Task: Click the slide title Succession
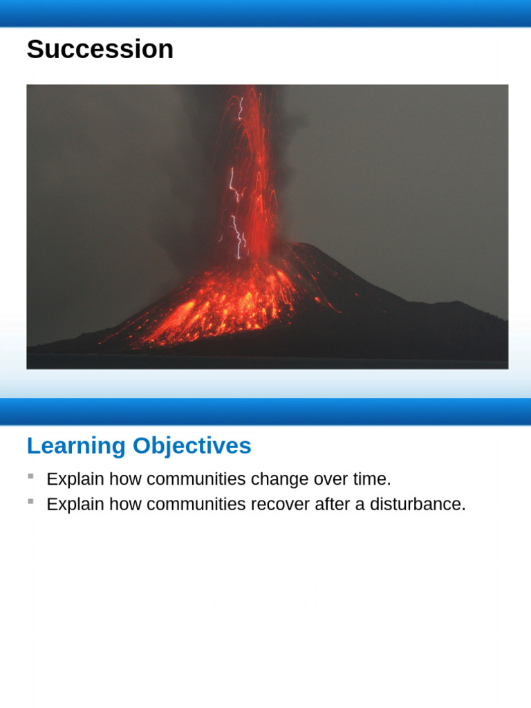pyautogui.click(x=100, y=50)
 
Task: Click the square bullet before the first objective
pyautogui.click(x=30, y=476)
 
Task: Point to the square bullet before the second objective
pyautogui.click(x=30, y=501)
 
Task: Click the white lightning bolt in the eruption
pyautogui.click(x=236, y=228)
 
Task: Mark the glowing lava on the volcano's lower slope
pyautogui.click(x=207, y=311)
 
